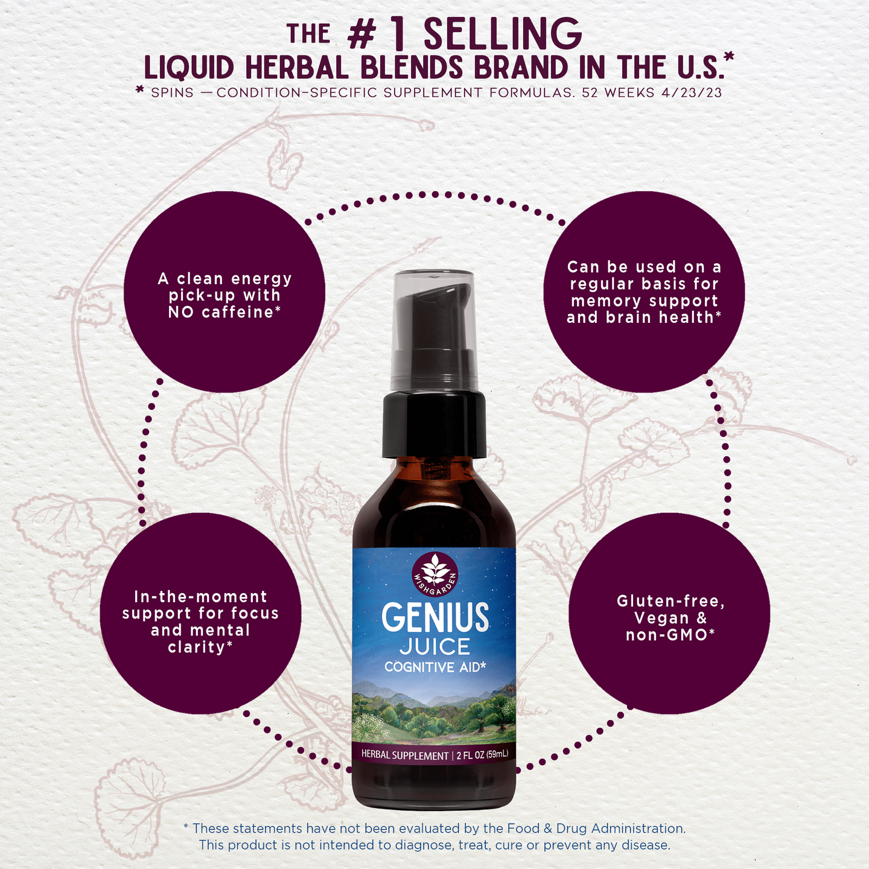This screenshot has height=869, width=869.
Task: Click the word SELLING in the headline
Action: click(x=503, y=34)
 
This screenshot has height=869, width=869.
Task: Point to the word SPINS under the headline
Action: click(x=172, y=92)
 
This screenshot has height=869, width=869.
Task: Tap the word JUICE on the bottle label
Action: click(x=434, y=647)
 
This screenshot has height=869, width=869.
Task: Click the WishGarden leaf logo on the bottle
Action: click(x=434, y=574)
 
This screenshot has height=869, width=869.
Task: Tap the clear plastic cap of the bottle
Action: click(x=434, y=329)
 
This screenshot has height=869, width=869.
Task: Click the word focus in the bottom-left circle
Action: click(x=255, y=613)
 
